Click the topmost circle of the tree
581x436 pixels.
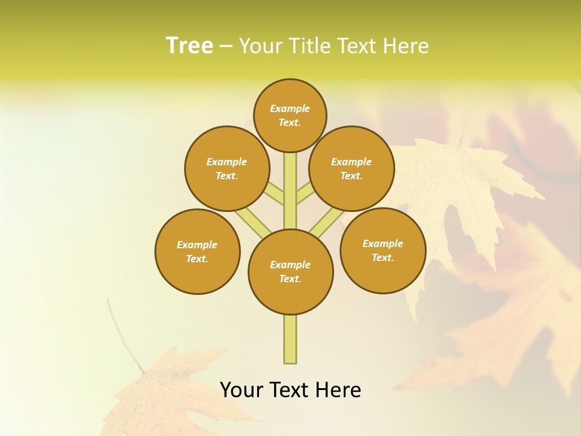pos(290,115)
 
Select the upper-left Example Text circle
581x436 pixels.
pos(227,168)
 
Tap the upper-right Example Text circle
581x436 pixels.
pos(352,168)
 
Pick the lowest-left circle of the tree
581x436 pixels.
pos(197,251)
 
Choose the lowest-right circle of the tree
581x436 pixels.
pos(382,250)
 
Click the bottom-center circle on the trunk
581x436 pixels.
pos(290,272)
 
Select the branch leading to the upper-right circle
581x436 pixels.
pos(305,194)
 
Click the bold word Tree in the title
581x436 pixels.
pos(189,45)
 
